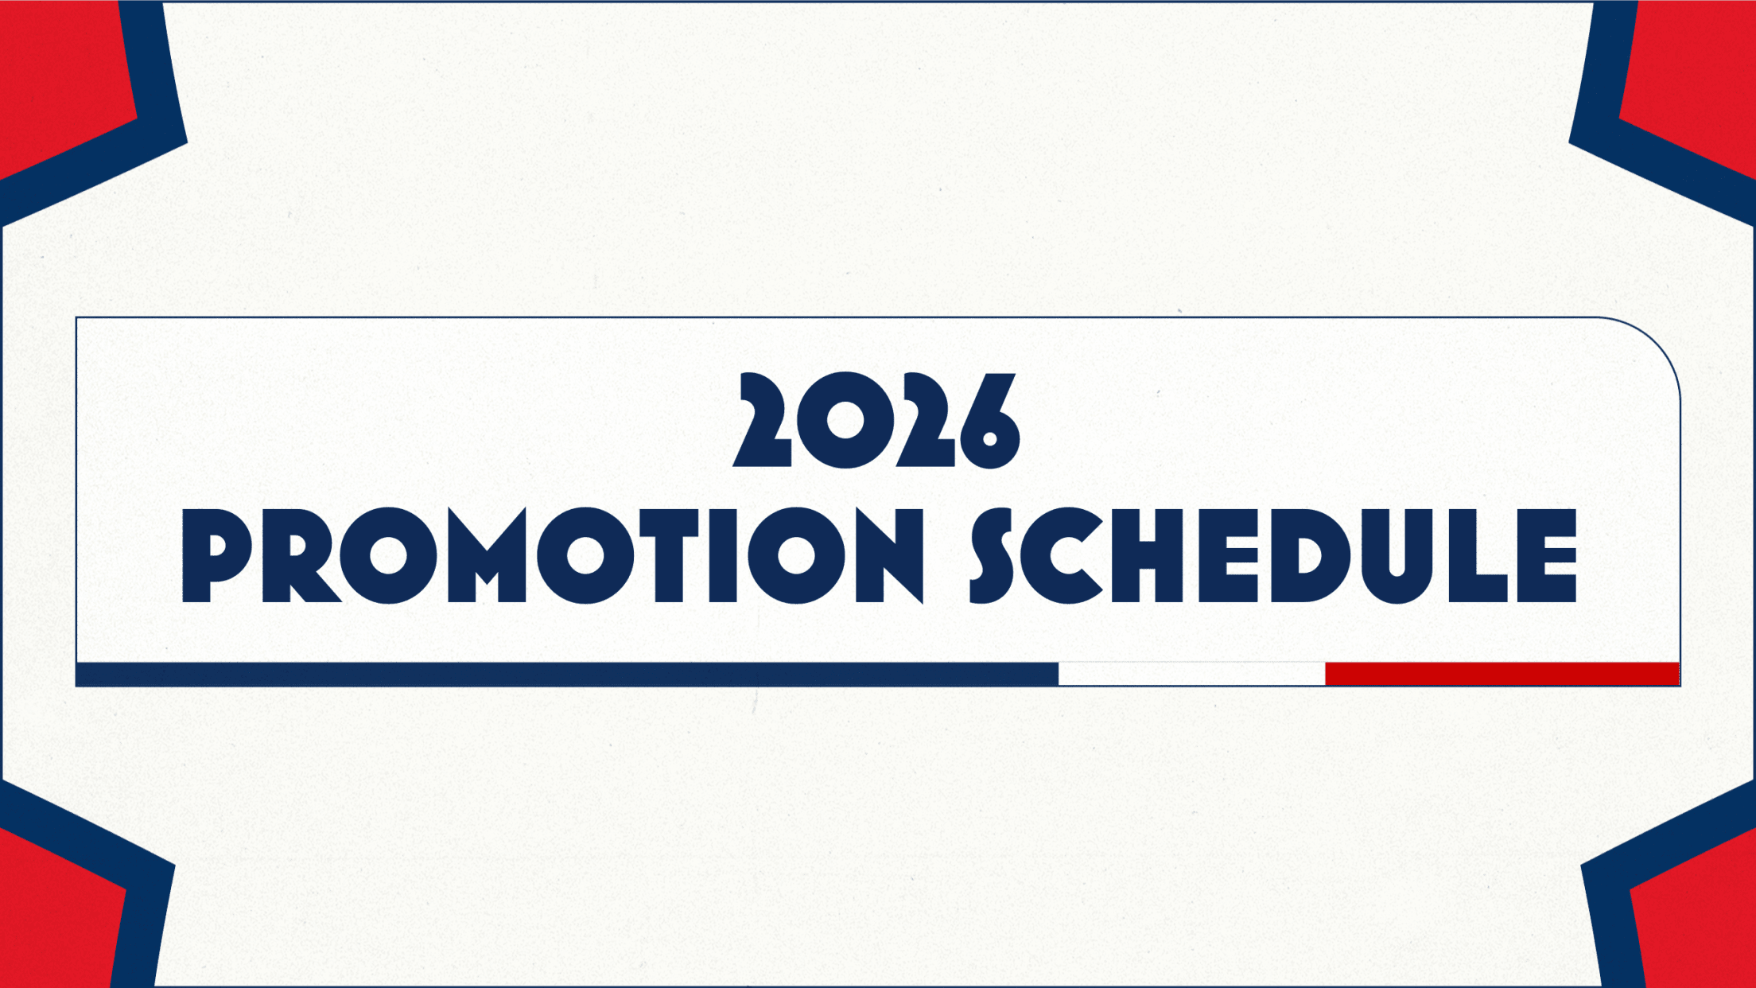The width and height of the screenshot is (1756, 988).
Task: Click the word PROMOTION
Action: click(x=554, y=555)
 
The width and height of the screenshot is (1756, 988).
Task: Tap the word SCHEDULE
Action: click(x=1273, y=555)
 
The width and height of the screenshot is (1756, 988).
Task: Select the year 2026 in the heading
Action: click(x=876, y=420)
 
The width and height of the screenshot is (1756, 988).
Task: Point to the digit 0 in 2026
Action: click(x=845, y=420)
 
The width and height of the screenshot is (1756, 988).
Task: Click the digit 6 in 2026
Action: click(x=989, y=420)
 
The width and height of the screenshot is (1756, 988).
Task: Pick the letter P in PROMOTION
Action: click(x=217, y=555)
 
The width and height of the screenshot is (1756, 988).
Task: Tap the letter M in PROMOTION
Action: click(x=487, y=555)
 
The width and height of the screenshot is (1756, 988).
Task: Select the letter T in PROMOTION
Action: click(x=669, y=555)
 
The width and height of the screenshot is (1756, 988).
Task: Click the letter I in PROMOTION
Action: click(x=722, y=555)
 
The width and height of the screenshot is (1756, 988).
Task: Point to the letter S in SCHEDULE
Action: click(x=992, y=555)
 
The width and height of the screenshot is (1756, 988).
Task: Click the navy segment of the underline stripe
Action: click(x=567, y=674)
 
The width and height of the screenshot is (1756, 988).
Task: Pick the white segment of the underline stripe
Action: click(x=1192, y=674)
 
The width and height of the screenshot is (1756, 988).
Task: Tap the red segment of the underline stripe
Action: click(x=1502, y=674)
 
